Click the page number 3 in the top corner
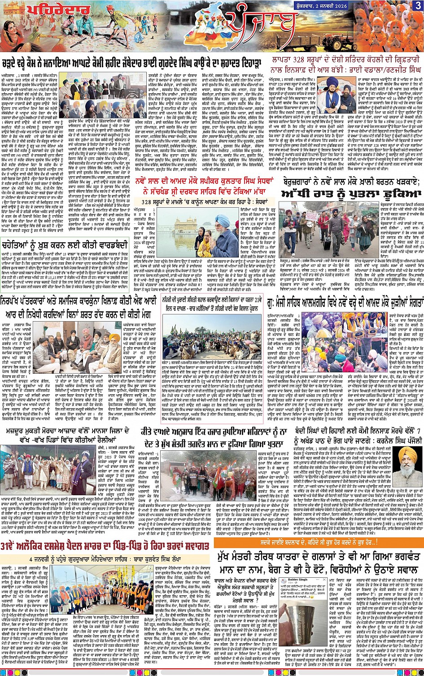[417, 5]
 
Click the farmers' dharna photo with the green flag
[211, 332]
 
